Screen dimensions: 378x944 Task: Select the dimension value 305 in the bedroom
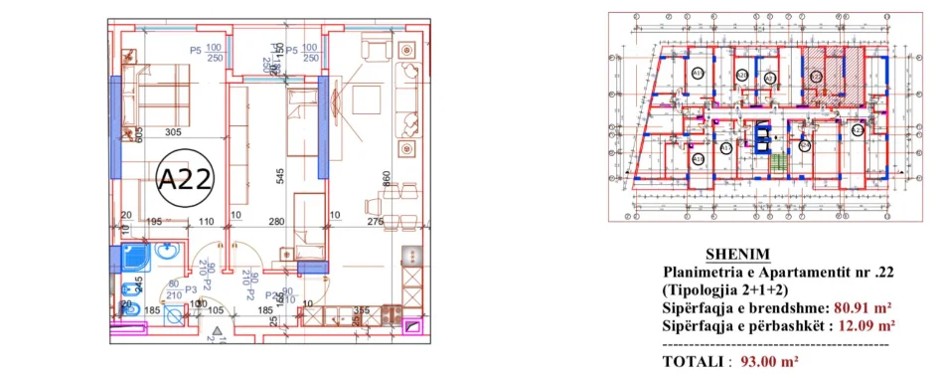tap(173, 133)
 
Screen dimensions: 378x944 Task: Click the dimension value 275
tap(375, 222)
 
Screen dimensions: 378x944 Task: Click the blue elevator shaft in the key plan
tap(762, 134)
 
